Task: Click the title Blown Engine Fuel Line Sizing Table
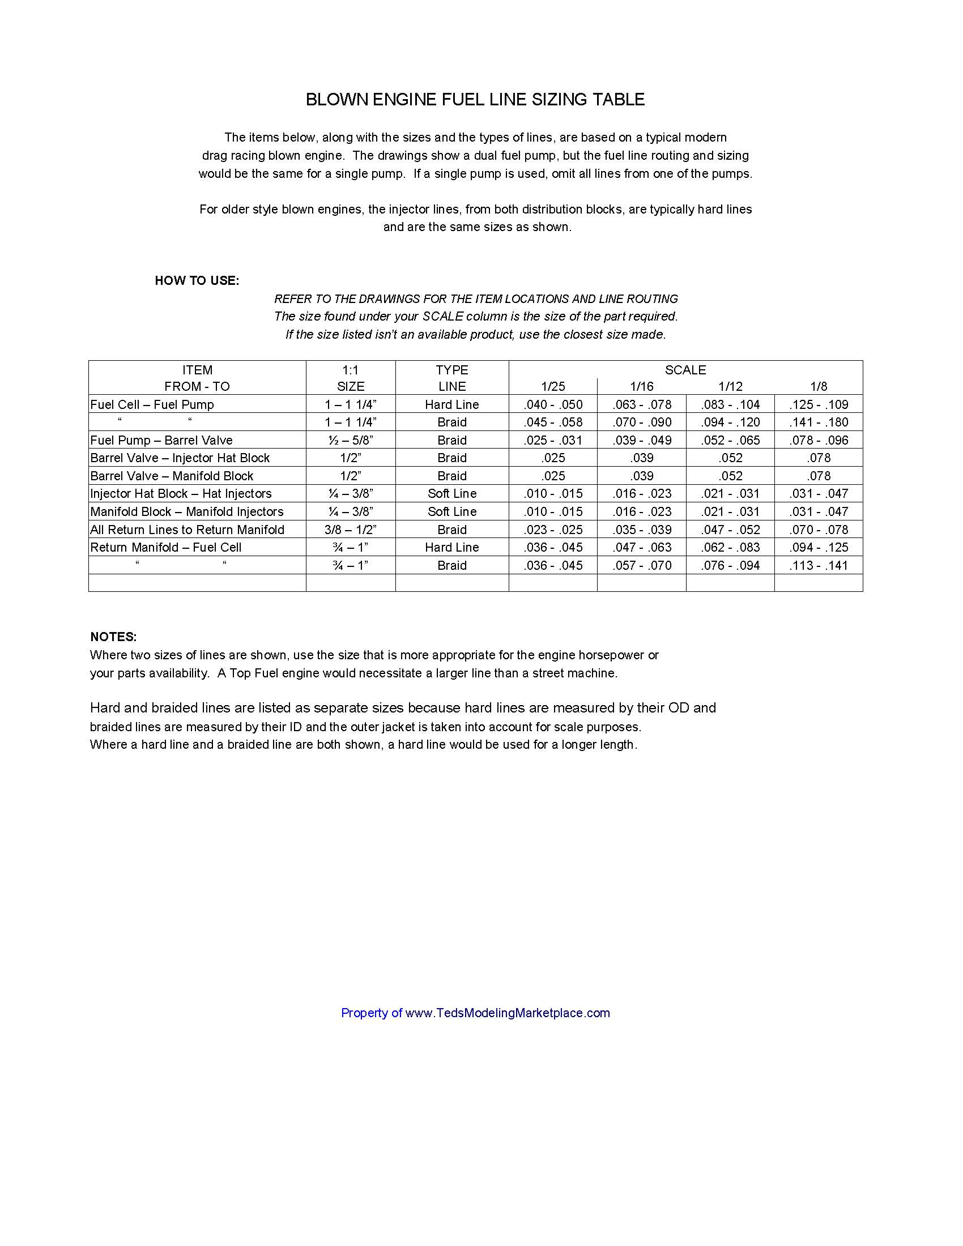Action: pyautogui.click(x=475, y=100)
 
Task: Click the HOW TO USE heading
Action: pyautogui.click(x=197, y=281)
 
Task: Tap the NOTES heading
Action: pyautogui.click(x=113, y=637)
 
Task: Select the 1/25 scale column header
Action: pyautogui.click(x=553, y=386)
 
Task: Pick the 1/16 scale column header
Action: pyautogui.click(x=642, y=386)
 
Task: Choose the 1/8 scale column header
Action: pyautogui.click(x=819, y=386)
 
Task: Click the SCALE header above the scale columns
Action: pyautogui.click(x=685, y=370)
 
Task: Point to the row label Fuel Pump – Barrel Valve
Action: pyautogui.click(x=161, y=440)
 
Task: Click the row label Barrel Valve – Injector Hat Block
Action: pyautogui.click(x=180, y=458)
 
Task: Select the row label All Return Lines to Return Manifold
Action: pyautogui.click(x=187, y=530)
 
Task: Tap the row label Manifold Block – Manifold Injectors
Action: pyautogui.click(x=186, y=511)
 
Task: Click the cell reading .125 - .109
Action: pyautogui.click(x=819, y=404)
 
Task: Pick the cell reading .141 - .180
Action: pyautogui.click(x=819, y=422)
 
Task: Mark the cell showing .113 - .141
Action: pyautogui.click(x=819, y=565)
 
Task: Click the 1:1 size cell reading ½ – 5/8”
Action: pyautogui.click(x=350, y=440)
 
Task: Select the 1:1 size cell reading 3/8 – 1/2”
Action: pyautogui.click(x=350, y=530)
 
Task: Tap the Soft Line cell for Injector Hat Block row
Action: pyautogui.click(x=452, y=493)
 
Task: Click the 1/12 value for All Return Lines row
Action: pyautogui.click(x=730, y=530)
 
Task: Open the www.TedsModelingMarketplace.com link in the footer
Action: pyautogui.click(x=508, y=1013)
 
